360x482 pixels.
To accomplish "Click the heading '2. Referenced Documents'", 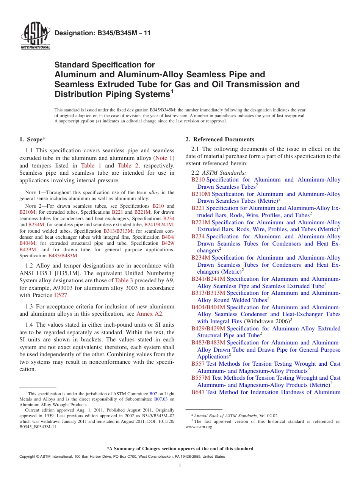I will click(x=220, y=139).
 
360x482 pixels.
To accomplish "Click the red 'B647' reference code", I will click(x=198, y=392).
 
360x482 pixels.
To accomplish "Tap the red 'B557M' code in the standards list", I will click(x=200, y=378).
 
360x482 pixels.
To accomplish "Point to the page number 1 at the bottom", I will click(x=180, y=466).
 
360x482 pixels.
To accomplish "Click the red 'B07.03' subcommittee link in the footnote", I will click(x=161, y=399).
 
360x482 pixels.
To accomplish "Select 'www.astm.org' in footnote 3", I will click(x=199, y=427).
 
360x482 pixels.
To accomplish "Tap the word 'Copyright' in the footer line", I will click(x=28, y=457).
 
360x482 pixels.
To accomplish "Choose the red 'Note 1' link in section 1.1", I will click(x=164, y=158).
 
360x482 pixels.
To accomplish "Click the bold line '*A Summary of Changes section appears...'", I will click(x=180, y=449).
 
